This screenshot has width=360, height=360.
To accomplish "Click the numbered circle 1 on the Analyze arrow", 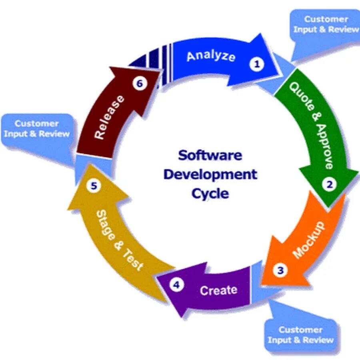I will (x=257, y=64).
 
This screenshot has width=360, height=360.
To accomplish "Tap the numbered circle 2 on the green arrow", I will (x=330, y=184).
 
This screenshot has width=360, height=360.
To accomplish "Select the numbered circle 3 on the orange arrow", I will (x=280, y=270).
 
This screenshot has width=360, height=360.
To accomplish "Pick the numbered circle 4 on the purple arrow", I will (x=176, y=285).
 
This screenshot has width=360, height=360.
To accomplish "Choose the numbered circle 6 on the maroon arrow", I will (x=139, y=84).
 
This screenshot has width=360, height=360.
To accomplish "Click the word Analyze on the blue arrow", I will (x=211, y=55).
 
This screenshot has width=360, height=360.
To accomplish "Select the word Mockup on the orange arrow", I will (x=308, y=240).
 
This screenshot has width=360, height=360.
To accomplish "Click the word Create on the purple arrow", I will (x=218, y=290).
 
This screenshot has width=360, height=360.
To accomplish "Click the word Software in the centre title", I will (x=210, y=155).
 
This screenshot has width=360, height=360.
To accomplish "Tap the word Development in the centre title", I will (x=210, y=174).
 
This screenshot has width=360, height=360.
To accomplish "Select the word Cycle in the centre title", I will (x=210, y=194).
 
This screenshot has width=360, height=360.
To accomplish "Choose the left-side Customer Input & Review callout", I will (x=37, y=129).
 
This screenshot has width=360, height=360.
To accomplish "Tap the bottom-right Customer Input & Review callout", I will (x=300, y=335).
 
